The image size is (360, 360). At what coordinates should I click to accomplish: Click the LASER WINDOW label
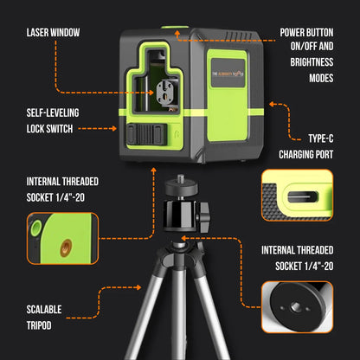pyautogui.click(x=53, y=33)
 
